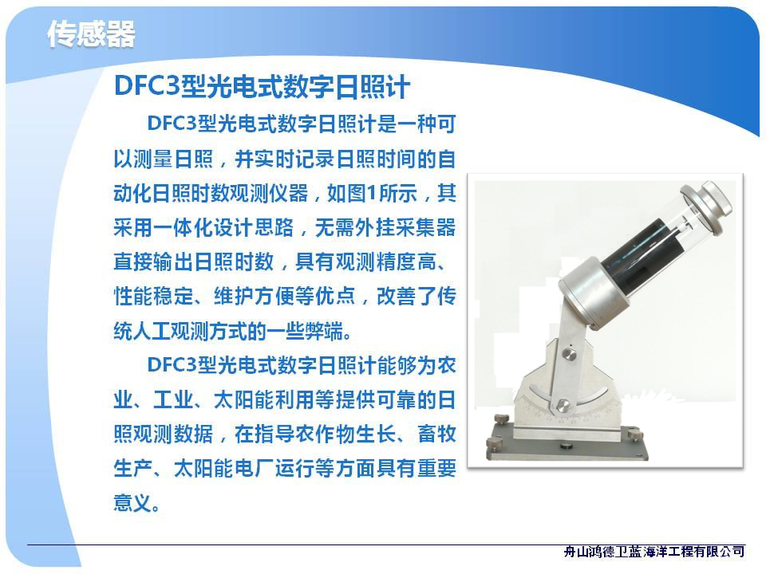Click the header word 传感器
(x=91, y=34)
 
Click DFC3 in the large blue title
(x=148, y=86)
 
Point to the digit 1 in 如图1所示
(x=372, y=194)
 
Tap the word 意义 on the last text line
(x=133, y=503)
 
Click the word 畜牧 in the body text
(x=436, y=434)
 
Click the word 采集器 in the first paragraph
(x=426, y=228)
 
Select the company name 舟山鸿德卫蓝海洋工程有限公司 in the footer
(x=653, y=552)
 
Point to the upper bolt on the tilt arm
(x=569, y=354)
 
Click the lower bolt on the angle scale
(x=563, y=405)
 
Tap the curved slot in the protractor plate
(x=567, y=396)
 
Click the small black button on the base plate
(x=567, y=446)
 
